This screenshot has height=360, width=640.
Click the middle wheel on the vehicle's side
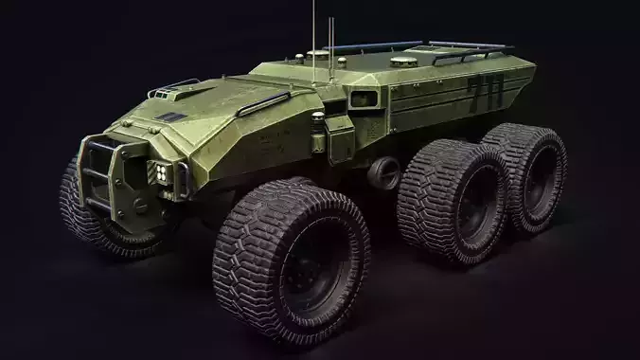point(453,200)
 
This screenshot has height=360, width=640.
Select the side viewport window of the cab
point(362,98)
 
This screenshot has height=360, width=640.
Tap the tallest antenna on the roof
point(313,28)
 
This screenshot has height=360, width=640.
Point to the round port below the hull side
point(384,172)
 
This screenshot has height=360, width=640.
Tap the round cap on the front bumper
point(141,203)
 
